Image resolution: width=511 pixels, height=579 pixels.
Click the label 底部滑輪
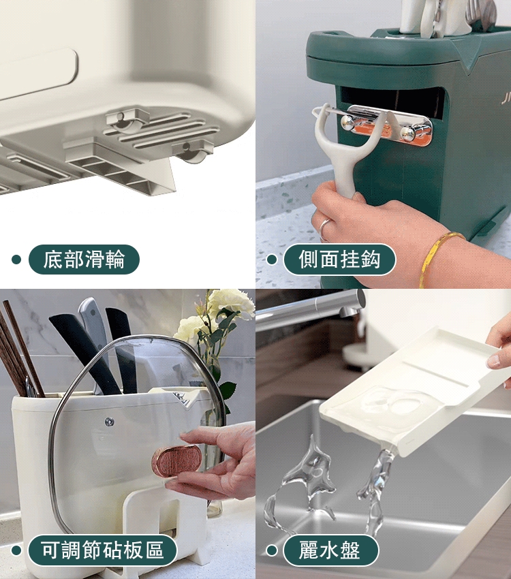84,260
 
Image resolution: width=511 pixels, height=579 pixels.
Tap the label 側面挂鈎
339,260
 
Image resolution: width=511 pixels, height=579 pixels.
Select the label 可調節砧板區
102,550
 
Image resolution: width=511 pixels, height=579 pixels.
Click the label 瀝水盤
330,550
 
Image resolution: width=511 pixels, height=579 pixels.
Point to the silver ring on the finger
325,225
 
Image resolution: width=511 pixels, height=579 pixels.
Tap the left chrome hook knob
349,123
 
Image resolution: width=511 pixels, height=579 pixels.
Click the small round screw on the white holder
109,422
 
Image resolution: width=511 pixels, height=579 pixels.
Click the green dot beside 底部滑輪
16,260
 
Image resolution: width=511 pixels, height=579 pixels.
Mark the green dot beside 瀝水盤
271,550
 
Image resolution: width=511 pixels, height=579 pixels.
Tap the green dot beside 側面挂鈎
271,260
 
